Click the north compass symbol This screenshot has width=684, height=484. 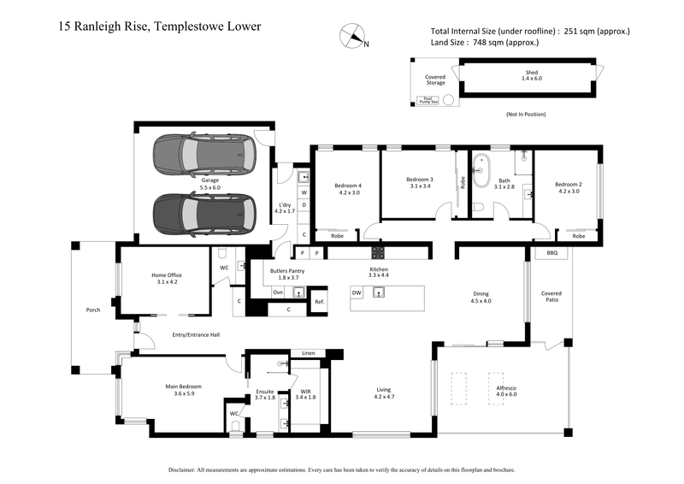(352, 36)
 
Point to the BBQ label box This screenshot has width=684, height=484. (551, 254)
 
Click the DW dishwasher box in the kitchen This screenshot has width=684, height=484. (357, 293)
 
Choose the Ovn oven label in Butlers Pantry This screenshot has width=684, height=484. (278, 292)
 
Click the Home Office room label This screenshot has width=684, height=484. (167, 278)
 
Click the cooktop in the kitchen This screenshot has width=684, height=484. (377, 253)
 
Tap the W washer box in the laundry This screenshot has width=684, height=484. (304, 194)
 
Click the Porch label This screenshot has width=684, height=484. (94, 310)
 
